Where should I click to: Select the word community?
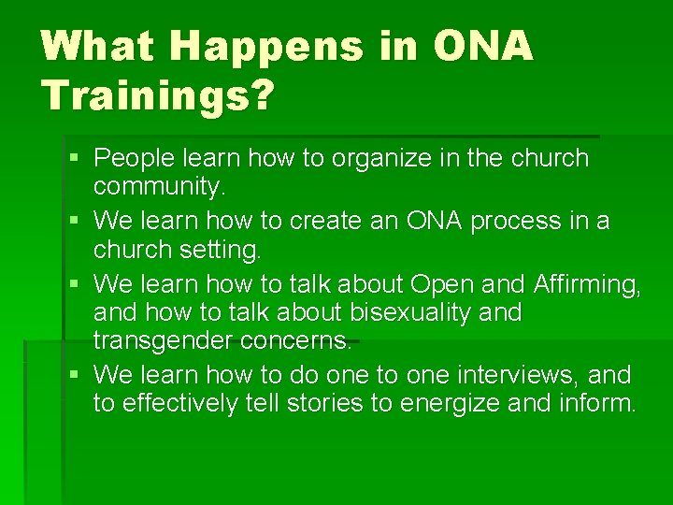[x=160, y=187]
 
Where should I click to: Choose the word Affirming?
[x=585, y=282]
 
